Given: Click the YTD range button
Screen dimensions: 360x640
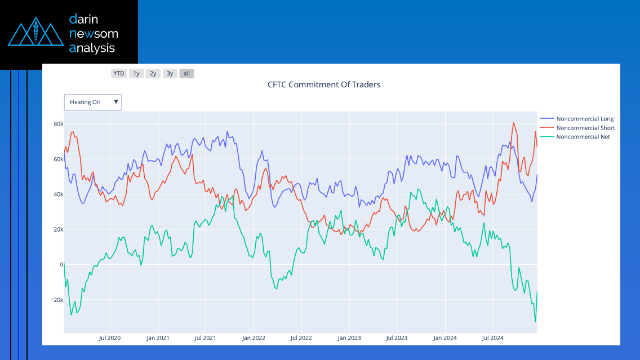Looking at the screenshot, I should pos(119,73).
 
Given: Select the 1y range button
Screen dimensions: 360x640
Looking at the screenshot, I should pos(136,73).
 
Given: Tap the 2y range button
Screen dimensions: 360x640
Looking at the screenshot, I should pos(153,73).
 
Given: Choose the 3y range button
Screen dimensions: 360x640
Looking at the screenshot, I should pos(170,73).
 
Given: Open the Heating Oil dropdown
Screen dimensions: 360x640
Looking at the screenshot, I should pos(93,102).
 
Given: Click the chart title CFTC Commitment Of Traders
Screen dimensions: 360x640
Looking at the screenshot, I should pos(324,85).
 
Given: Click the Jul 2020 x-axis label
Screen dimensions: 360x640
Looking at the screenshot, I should pos(110,338).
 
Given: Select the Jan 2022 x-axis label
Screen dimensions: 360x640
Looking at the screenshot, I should pos(254,338).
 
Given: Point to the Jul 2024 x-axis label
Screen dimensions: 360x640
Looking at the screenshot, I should pos(493,338).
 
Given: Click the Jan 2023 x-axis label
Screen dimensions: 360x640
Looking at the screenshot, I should pos(349,338).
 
